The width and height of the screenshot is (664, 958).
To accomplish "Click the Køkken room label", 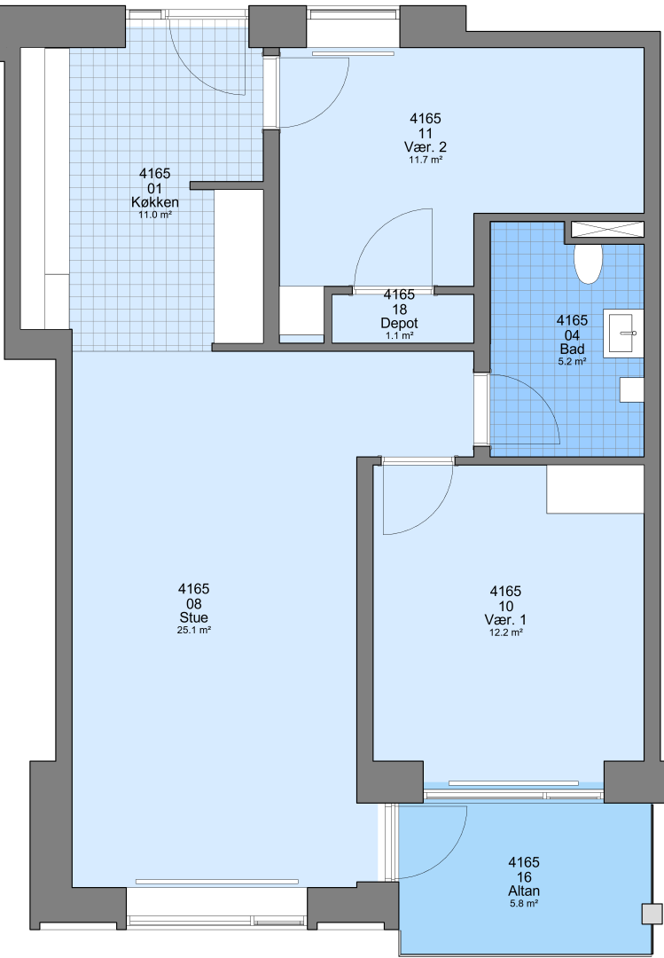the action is tap(154, 202).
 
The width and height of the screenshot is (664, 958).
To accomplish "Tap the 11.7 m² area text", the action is tap(426, 160).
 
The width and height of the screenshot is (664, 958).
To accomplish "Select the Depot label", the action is tap(399, 323).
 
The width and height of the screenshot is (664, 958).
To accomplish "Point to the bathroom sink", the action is tap(623, 333).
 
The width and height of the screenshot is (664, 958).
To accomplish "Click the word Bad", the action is tap(572, 349).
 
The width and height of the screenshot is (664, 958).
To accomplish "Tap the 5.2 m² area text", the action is tap(572, 362).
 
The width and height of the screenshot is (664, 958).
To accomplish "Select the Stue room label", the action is tap(193, 617).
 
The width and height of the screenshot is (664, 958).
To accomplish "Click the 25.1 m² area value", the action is tap(193, 630).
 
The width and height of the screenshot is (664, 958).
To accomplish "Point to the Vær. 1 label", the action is tap(505, 619).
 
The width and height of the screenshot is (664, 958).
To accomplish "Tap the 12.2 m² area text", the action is tap(505, 632).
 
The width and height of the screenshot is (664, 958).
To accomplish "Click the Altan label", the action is tap(524, 891).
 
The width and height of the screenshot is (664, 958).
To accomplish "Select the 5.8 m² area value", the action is tap(524, 904).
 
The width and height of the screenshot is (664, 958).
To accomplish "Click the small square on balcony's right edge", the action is tap(652, 914).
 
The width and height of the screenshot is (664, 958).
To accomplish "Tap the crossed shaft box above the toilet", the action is tap(607, 229).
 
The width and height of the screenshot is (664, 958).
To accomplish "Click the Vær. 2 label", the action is tap(426, 146).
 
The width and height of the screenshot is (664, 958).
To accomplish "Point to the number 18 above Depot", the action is tap(399, 310).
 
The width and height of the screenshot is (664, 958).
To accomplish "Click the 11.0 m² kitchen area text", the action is tap(154, 215).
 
